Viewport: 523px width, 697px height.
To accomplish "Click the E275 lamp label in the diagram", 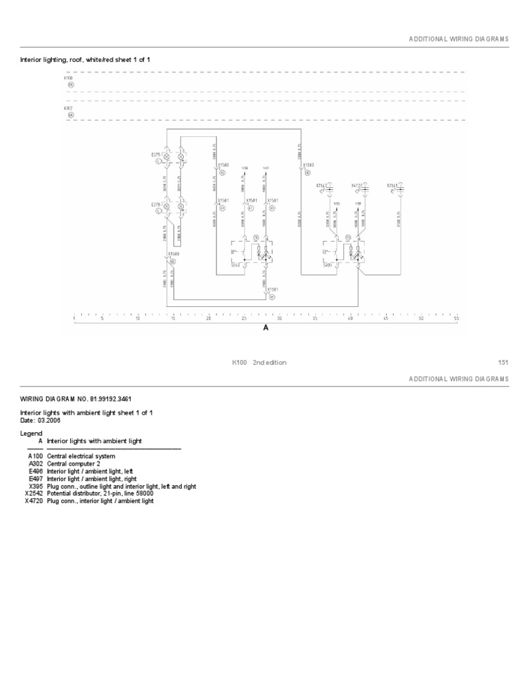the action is (x=155, y=155).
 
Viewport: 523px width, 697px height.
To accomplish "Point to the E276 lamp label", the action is (x=155, y=204).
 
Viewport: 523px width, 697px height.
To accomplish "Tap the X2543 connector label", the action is (x=321, y=184).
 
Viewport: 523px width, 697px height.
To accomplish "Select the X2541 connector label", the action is (x=392, y=184).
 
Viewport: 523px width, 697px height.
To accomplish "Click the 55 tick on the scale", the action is (x=456, y=318).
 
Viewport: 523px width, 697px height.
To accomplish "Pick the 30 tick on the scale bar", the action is (x=279, y=318).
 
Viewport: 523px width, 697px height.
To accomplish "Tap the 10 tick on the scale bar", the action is (x=138, y=318).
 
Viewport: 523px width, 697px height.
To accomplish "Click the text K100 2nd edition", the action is (x=259, y=363).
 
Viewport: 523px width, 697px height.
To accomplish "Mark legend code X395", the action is (x=35, y=486).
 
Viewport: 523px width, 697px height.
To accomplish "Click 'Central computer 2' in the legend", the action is (x=73, y=464).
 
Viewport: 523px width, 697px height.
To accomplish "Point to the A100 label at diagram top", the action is (x=68, y=78).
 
